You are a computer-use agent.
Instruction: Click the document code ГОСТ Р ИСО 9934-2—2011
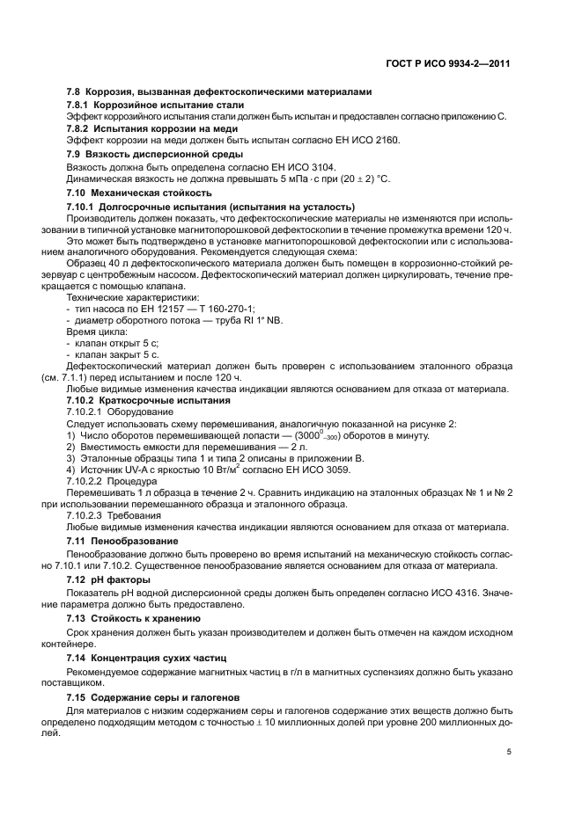(448, 63)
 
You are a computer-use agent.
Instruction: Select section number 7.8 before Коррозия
(76, 92)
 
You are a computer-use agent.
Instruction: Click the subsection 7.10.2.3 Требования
(110, 515)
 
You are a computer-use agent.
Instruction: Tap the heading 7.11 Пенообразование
(122, 540)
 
